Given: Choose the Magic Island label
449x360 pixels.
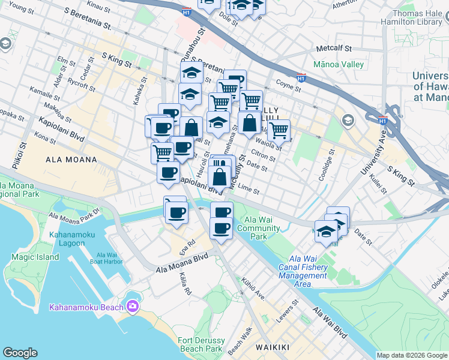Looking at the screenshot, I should pos(35,257).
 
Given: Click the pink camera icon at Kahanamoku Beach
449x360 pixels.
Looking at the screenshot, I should pos(133,307).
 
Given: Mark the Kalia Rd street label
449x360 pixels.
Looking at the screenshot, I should pos(185,284).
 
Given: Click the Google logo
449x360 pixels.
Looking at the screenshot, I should pos(20,353).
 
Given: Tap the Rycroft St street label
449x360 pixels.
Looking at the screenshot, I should pos(82,84).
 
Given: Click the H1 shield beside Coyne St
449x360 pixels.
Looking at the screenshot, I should pos(301,78).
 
